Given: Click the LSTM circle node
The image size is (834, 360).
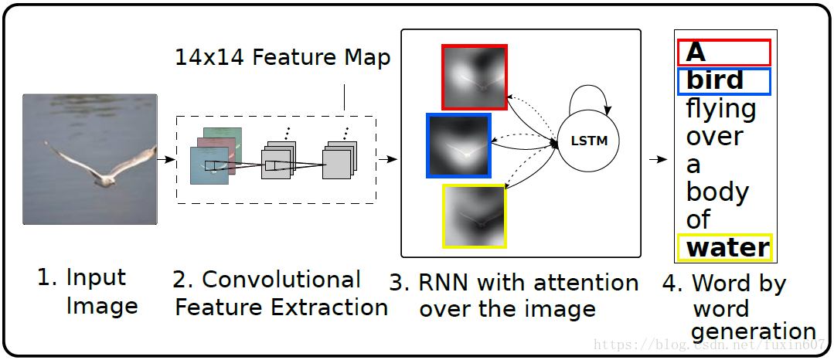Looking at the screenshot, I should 589,141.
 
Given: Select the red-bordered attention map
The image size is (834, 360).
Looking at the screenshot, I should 475,76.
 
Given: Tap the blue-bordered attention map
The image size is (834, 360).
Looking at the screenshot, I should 459,145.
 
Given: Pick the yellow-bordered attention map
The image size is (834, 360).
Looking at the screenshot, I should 475,216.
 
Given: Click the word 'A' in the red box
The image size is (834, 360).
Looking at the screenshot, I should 696,52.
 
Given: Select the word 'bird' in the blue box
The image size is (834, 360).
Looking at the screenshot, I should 714,80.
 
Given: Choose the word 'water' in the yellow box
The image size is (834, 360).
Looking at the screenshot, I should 728,247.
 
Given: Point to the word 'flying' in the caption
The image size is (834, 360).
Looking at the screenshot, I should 720,110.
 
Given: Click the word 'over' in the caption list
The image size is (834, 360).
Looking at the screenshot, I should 714,137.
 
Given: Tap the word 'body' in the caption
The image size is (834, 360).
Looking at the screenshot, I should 717,192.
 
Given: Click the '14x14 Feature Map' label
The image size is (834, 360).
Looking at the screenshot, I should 282,57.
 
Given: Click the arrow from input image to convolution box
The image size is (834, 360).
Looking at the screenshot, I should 165,160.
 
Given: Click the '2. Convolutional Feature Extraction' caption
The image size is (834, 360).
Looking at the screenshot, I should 281,293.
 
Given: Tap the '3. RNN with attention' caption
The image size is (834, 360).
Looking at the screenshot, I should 514,295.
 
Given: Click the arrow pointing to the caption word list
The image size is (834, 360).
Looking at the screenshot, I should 657,160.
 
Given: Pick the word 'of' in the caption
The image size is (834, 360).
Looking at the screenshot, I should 698,219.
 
